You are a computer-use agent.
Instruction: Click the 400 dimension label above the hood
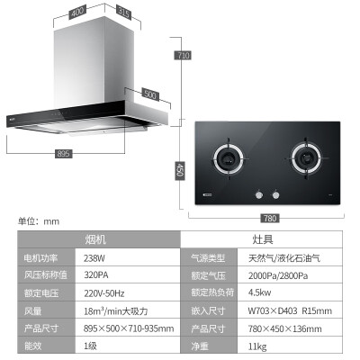pos(77,13)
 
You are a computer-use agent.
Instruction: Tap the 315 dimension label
pos(123,13)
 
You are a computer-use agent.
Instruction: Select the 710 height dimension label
pos(183,55)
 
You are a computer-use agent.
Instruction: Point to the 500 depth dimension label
pos(150,94)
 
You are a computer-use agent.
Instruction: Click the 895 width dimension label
pos(63,154)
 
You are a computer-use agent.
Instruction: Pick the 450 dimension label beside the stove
pos(180,170)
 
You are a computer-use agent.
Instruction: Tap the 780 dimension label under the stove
pos(270,218)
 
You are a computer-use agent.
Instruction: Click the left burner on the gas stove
pos(229,158)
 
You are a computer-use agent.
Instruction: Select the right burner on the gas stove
pos(307,158)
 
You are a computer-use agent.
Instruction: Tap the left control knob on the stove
pos(259,195)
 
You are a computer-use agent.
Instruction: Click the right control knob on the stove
pos(275,195)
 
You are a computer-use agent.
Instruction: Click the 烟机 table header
pos(95,239)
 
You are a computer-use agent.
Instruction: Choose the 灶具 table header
pos(263,239)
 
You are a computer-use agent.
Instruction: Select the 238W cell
pos(94,258)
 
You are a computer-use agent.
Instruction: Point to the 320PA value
pos(96,275)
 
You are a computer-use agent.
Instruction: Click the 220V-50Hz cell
pos(104,293)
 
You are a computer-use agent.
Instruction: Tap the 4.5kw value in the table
pos(259,292)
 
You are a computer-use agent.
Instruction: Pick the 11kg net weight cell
pos(257,346)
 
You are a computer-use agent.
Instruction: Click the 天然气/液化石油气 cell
pos(284,258)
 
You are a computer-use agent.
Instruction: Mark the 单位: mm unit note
pos(39,221)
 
